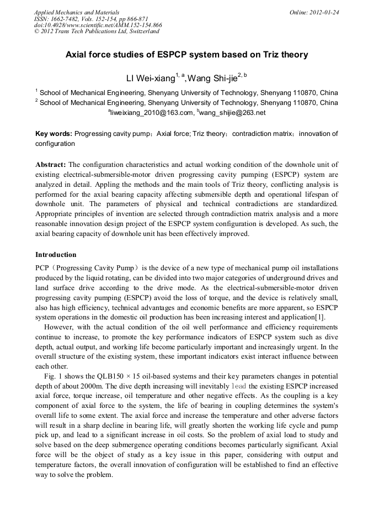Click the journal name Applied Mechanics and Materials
[x=77, y=12]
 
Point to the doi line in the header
[x=98, y=25]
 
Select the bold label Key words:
[x=54, y=134]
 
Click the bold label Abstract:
[x=51, y=165]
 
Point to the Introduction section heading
[x=56, y=255]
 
